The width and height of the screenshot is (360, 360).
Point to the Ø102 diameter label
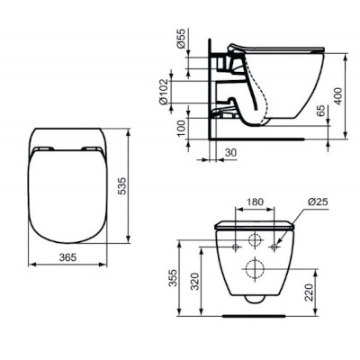(x=164, y=90)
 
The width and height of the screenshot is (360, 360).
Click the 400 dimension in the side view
(x=337, y=96)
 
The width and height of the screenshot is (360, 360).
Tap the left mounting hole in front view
(x=234, y=244)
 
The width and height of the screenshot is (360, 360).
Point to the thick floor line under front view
(x=252, y=316)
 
